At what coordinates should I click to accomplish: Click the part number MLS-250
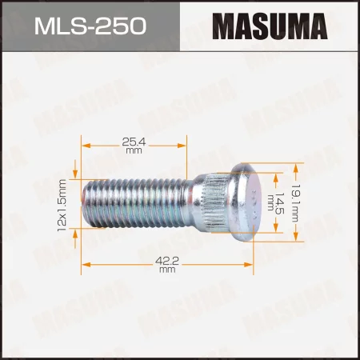[x=90, y=26]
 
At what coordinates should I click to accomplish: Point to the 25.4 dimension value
[x=166, y=141]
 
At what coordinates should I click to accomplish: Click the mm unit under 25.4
[x=166, y=150]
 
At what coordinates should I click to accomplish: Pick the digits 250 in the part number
[x=122, y=26]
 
